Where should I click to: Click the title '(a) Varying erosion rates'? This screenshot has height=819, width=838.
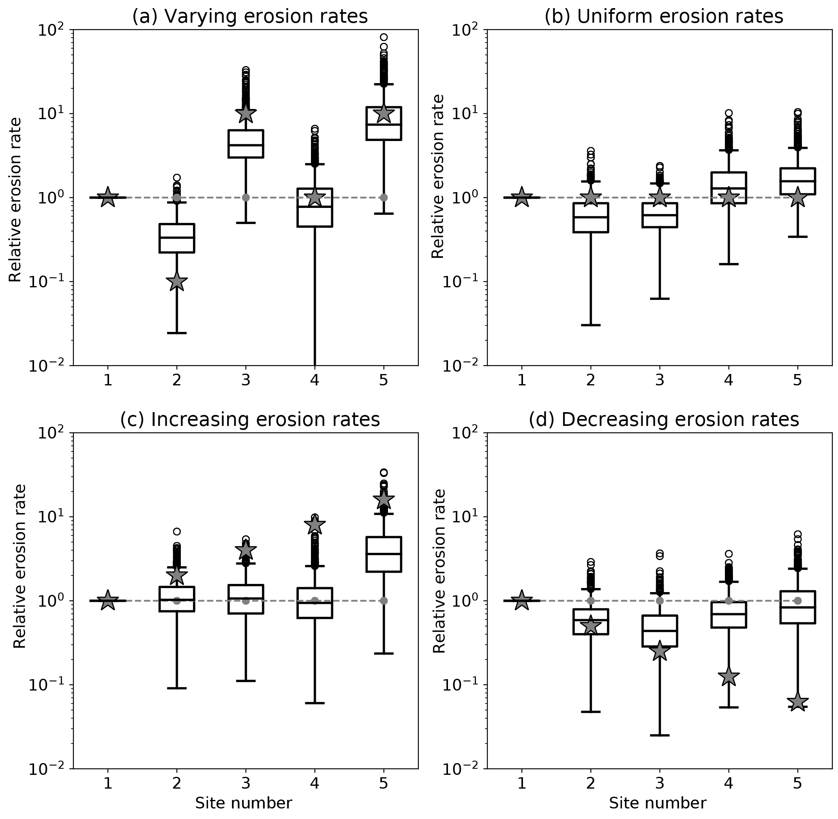coord(250,16)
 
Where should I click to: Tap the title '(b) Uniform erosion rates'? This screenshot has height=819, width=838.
coord(664,16)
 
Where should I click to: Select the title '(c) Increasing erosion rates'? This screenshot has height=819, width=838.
coord(250,419)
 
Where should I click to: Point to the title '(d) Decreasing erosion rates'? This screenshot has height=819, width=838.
coord(664,419)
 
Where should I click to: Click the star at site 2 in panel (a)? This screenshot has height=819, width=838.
coord(176,282)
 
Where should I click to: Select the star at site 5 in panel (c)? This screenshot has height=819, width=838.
coord(384,499)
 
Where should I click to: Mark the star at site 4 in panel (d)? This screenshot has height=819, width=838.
coord(729,676)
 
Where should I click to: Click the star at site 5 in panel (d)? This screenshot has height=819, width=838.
coord(797,702)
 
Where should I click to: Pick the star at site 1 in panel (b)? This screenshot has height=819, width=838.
coord(522,197)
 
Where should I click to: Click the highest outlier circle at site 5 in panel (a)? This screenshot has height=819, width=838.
coord(384,37)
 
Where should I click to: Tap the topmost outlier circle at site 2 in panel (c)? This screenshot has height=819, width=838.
coord(176,531)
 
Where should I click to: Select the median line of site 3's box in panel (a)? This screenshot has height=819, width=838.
coord(246,145)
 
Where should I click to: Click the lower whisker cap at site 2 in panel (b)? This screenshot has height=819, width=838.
coord(591,325)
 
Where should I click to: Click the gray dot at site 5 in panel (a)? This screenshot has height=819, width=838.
coord(384,197)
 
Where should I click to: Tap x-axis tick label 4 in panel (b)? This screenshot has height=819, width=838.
coord(729,380)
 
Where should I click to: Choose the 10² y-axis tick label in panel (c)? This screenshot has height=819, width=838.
coord(50,433)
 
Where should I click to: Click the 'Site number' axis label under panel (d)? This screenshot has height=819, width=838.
coord(658,803)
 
